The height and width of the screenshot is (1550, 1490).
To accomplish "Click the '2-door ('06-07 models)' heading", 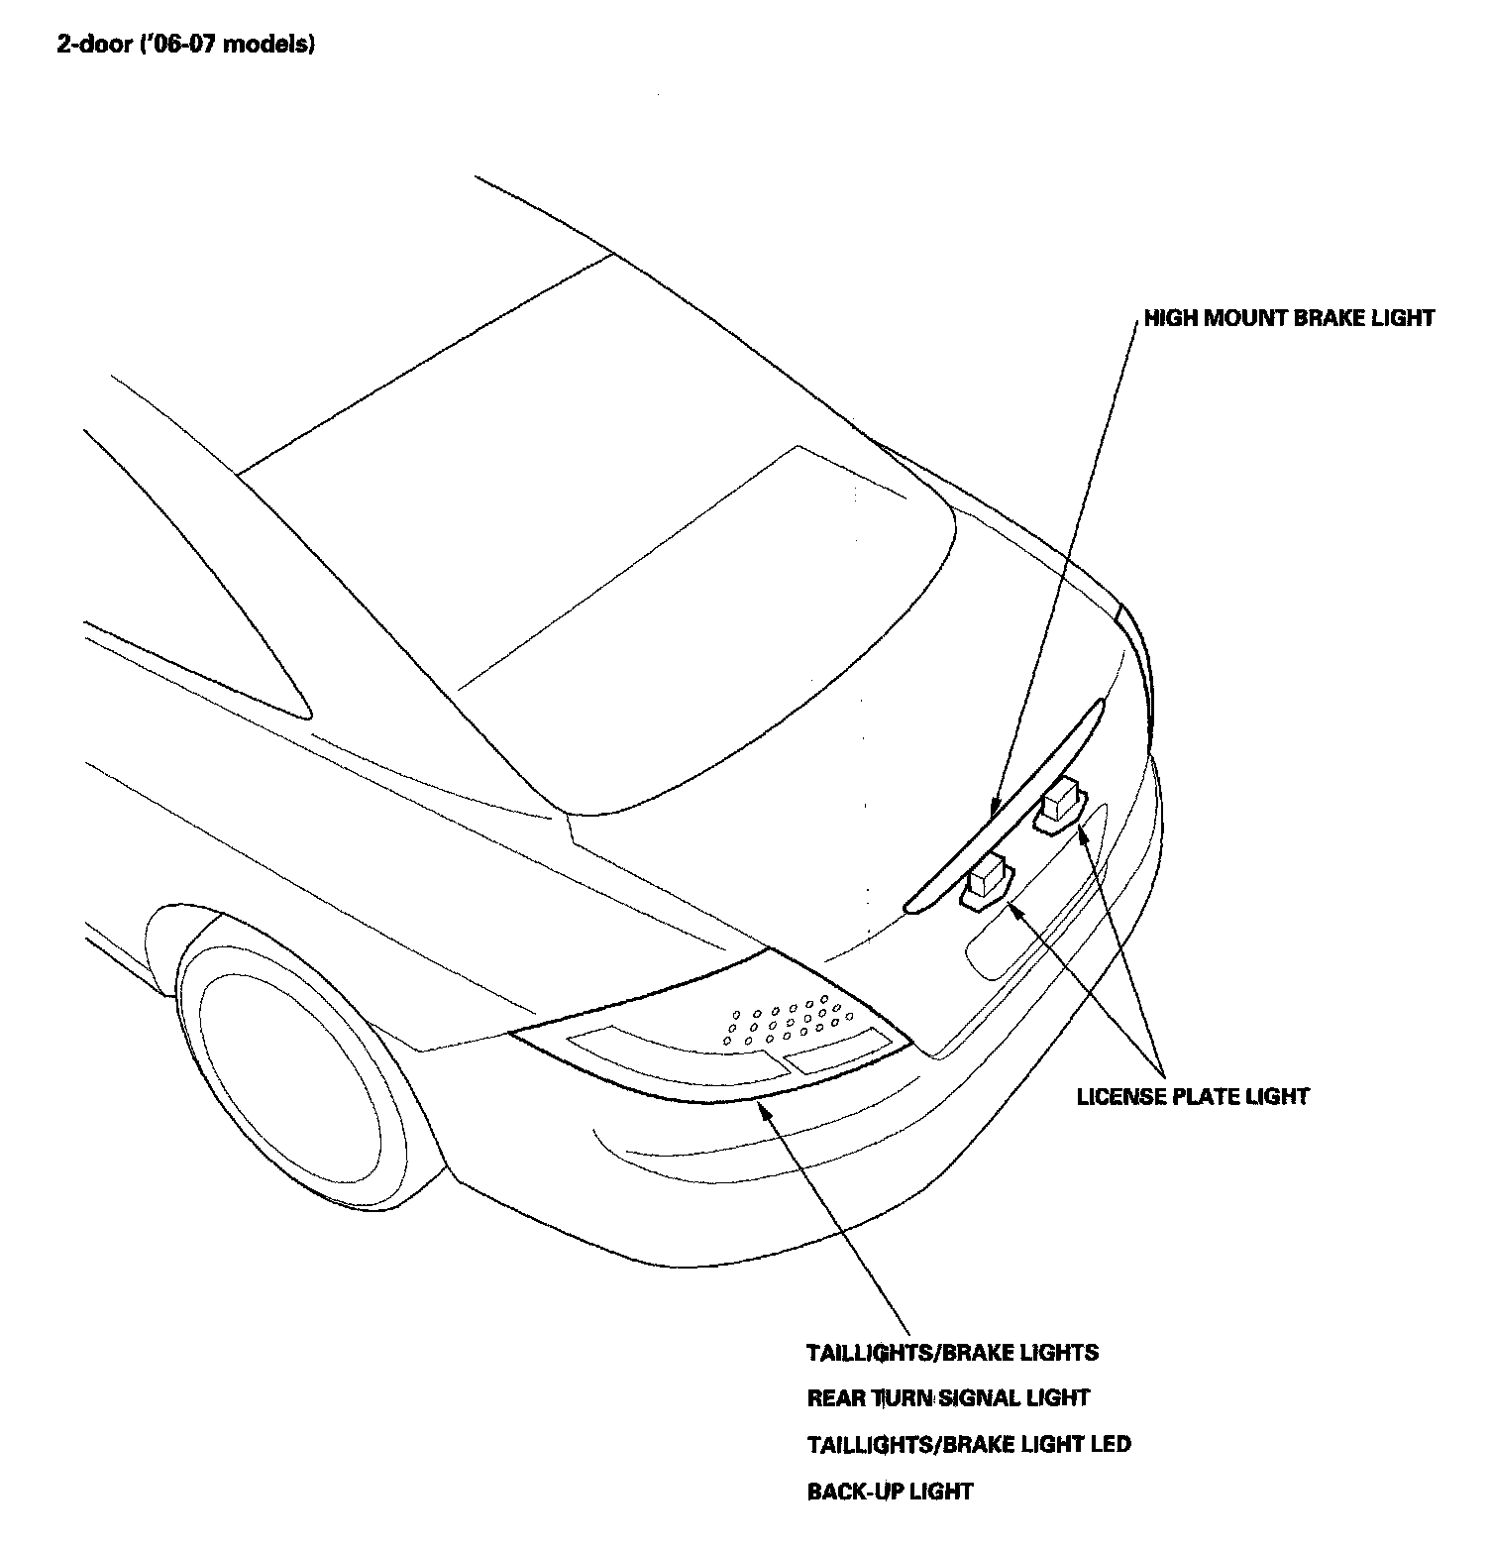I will point(186,46).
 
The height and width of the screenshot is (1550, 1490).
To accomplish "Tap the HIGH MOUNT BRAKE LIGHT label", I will point(1289,318).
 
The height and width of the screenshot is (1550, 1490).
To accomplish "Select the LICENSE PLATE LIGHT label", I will point(1193,1096).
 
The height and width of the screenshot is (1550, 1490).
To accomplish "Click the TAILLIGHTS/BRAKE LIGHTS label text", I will point(952,1352).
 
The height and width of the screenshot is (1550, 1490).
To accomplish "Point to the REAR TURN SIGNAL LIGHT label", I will point(948,1398).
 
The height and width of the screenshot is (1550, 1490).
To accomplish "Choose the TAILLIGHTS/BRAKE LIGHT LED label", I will point(968,1444).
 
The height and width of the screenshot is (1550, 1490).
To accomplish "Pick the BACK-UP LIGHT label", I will point(890,1491).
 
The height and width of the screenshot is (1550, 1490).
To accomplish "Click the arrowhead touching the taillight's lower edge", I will point(762,1106).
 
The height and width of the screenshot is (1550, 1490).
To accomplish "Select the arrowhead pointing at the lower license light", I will point(1011,907).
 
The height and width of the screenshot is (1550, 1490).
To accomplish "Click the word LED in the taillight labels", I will point(1109,1444).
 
